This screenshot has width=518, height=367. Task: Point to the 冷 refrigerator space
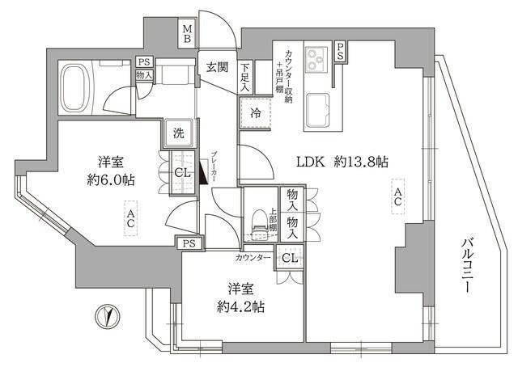pyautogui.click(x=255, y=114)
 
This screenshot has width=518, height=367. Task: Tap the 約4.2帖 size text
pyautogui.click(x=240, y=306)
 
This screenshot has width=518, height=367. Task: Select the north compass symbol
pyautogui.click(x=104, y=315)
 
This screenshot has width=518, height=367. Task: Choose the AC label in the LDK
pyautogui.click(x=397, y=198)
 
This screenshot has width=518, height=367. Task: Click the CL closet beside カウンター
pyautogui.click(x=287, y=258)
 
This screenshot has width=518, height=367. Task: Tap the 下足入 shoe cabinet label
pyautogui.click(x=245, y=78)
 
